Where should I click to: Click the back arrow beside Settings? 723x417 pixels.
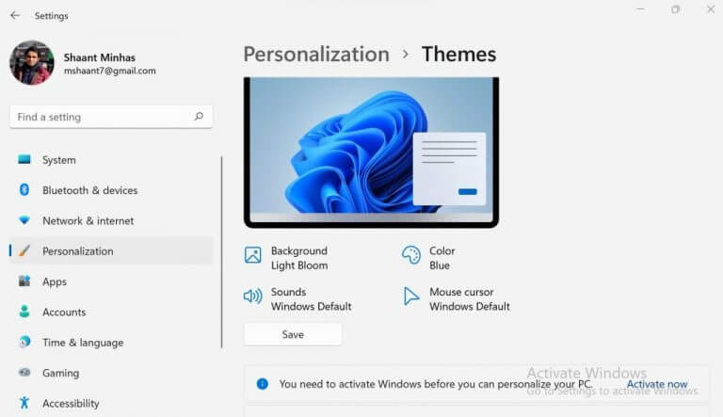pos(15,16)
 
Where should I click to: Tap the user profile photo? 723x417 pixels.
pos(32,63)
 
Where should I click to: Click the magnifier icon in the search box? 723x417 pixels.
pos(199,116)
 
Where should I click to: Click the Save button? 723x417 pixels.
pos(293,334)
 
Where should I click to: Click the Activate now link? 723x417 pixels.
pos(656,384)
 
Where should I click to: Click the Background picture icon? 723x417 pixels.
pos(252,255)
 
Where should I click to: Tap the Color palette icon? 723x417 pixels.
pos(410,255)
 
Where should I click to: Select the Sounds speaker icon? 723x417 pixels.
pos(252,296)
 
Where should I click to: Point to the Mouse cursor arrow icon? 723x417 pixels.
pos(410,297)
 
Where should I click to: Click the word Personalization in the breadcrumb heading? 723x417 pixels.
pos(316,55)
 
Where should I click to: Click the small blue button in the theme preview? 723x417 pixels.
pos(468,191)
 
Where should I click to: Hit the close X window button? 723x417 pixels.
pos(711,9)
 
